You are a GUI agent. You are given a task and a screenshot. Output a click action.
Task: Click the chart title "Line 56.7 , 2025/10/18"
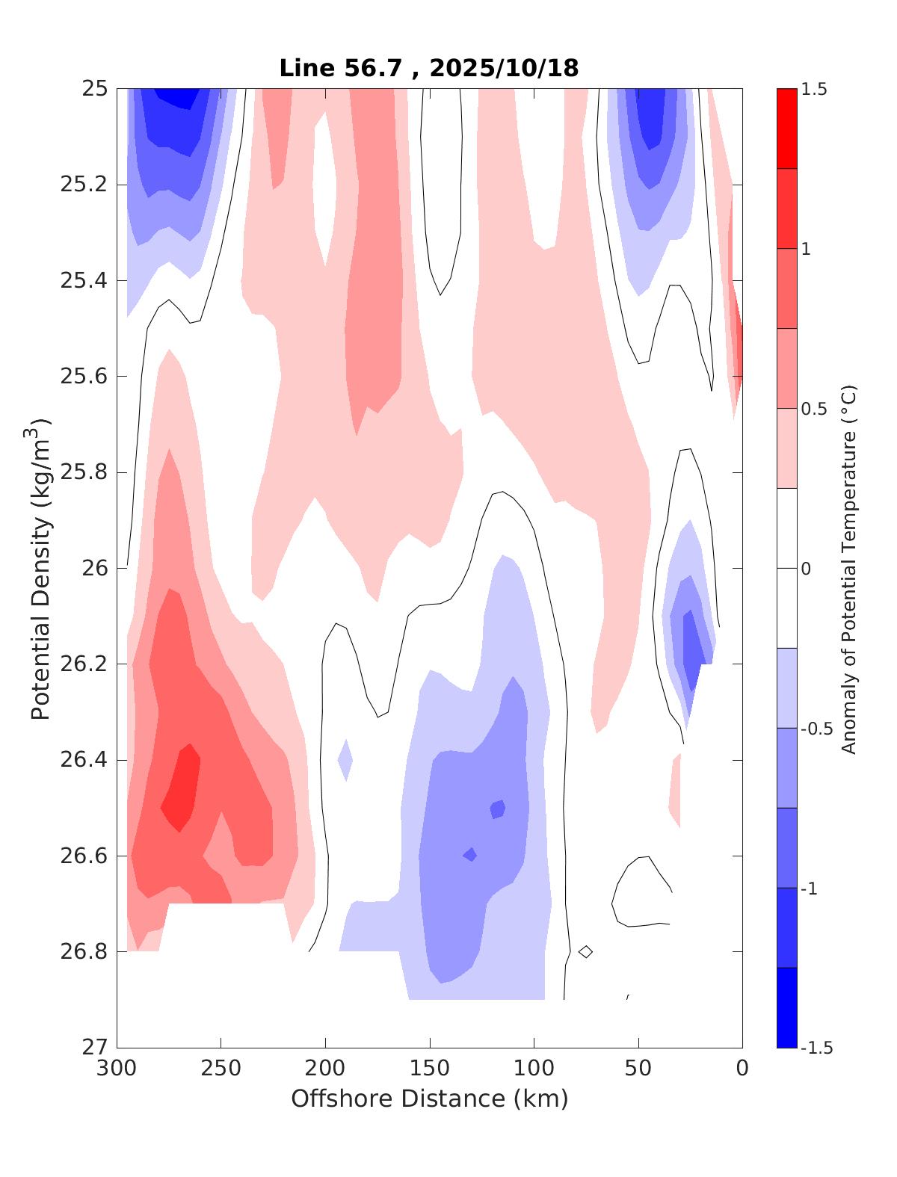pos(429,69)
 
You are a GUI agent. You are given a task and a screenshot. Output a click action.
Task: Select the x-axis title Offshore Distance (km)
pos(429,1099)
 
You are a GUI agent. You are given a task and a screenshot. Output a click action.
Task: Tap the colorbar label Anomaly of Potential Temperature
pos(848,569)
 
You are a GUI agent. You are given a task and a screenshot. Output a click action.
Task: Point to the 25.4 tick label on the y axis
pos(83,281)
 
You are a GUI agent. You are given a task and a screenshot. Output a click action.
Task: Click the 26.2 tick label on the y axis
pos(83,664)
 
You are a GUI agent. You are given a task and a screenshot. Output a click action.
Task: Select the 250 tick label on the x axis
pos(221,1069)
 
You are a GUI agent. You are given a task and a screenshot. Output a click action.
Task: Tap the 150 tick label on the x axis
pos(430,1069)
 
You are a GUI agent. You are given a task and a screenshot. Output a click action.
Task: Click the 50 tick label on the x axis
pos(638,1069)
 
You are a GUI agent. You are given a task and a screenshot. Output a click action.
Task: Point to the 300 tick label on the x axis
pos(117,1069)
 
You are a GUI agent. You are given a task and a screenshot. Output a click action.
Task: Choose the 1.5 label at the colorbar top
pos(814,90)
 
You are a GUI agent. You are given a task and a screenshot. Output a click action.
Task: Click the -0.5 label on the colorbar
pos(816,729)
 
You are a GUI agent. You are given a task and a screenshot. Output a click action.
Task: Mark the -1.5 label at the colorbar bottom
pos(816,1048)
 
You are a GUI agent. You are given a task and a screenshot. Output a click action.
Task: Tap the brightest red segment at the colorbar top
pos(786,129)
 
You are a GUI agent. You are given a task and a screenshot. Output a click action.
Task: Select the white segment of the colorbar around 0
pos(786,568)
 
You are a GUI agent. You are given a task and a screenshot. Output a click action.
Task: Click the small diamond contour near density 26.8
pos(586,951)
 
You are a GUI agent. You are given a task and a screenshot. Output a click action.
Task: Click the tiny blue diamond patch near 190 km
pos(345,760)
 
